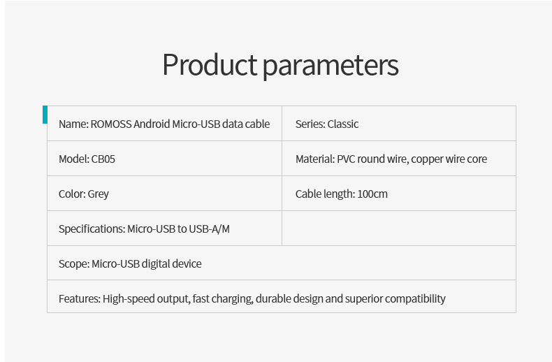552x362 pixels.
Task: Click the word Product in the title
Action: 210,65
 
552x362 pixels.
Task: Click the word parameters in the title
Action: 331,66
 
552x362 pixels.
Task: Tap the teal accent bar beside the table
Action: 45,115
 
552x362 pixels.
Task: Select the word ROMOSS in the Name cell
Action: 111,124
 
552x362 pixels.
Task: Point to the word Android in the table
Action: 152,124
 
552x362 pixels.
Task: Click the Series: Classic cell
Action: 399,123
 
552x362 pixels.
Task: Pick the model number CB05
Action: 103,159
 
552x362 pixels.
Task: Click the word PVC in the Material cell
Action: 346,159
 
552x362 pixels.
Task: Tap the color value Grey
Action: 99,194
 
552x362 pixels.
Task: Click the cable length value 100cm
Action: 372,194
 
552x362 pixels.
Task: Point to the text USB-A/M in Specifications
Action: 209,229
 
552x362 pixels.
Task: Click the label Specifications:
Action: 92,229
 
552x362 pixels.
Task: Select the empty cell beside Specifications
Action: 399,229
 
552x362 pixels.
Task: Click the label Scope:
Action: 74,264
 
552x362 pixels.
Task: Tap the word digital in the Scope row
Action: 155,264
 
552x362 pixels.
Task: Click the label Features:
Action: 80,298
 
